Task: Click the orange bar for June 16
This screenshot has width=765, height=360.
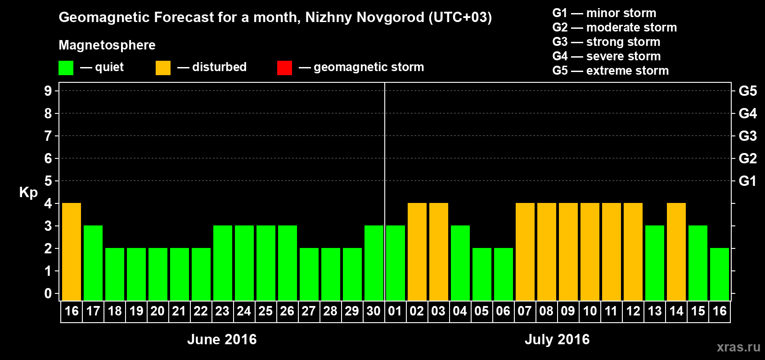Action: pos(72,252)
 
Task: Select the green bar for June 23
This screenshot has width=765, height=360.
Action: pos(223,263)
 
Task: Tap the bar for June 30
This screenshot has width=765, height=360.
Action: pos(374,263)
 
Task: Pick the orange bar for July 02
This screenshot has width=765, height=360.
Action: pos(417,252)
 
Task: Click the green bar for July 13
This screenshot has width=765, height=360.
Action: pos(655,263)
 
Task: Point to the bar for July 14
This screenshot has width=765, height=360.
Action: pos(676,252)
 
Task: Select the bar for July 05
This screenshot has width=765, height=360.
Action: pos(482,274)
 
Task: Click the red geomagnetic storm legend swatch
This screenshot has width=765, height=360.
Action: pos(284,68)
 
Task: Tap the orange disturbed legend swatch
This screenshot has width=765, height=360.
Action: pos(163,68)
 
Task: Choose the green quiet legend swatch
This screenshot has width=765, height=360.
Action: pos(66,68)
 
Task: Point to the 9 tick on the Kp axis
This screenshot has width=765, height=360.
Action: pos(48,91)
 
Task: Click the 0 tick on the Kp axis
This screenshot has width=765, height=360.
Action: pos(48,294)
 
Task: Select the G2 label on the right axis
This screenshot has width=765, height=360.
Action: pos(747,158)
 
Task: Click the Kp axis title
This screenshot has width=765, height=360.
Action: pos(28,193)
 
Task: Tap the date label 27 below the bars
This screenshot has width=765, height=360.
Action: pos(309,311)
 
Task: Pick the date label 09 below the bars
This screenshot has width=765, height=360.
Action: pos(568,311)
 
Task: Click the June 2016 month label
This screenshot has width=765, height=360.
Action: pos(222,339)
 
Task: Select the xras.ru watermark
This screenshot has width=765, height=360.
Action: pos(738,347)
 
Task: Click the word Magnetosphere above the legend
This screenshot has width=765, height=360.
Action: pos(107,45)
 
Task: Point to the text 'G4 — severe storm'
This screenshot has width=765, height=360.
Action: pos(607,56)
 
